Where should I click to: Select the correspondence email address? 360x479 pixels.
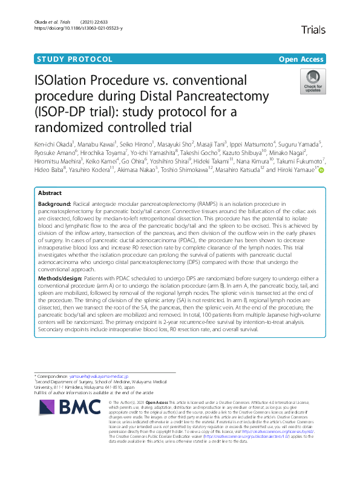click(x=98, y=376)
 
